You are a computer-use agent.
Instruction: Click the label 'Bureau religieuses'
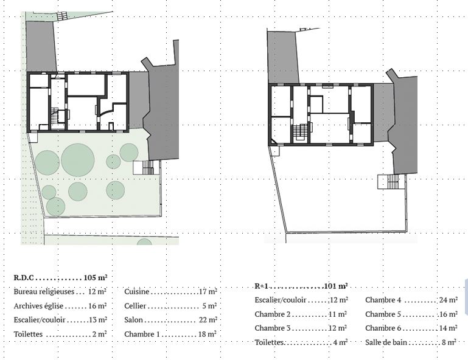point(44,291)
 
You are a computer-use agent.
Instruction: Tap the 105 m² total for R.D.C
point(96,277)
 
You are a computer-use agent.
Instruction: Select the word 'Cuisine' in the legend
point(137,291)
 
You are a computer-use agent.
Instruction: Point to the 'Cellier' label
point(135,306)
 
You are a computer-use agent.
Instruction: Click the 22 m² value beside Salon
point(208,320)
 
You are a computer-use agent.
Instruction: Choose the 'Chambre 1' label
point(142,334)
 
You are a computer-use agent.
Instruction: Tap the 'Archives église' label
point(38,306)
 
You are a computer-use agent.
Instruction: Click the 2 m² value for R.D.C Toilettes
point(99,334)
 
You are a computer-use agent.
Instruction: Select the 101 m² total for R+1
point(336,286)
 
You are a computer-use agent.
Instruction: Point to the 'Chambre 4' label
point(383,300)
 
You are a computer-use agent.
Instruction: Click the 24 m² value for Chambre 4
point(449,300)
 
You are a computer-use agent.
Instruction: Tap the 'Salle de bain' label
point(386,342)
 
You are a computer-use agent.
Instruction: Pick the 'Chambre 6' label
point(383,328)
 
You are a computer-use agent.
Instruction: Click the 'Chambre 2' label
point(273,314)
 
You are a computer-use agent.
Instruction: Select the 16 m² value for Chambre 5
point(449,314)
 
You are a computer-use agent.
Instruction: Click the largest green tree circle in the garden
point(78,160)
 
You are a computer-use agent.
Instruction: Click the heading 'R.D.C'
point(24,278)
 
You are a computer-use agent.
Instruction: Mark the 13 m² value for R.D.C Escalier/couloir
point(98,320)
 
